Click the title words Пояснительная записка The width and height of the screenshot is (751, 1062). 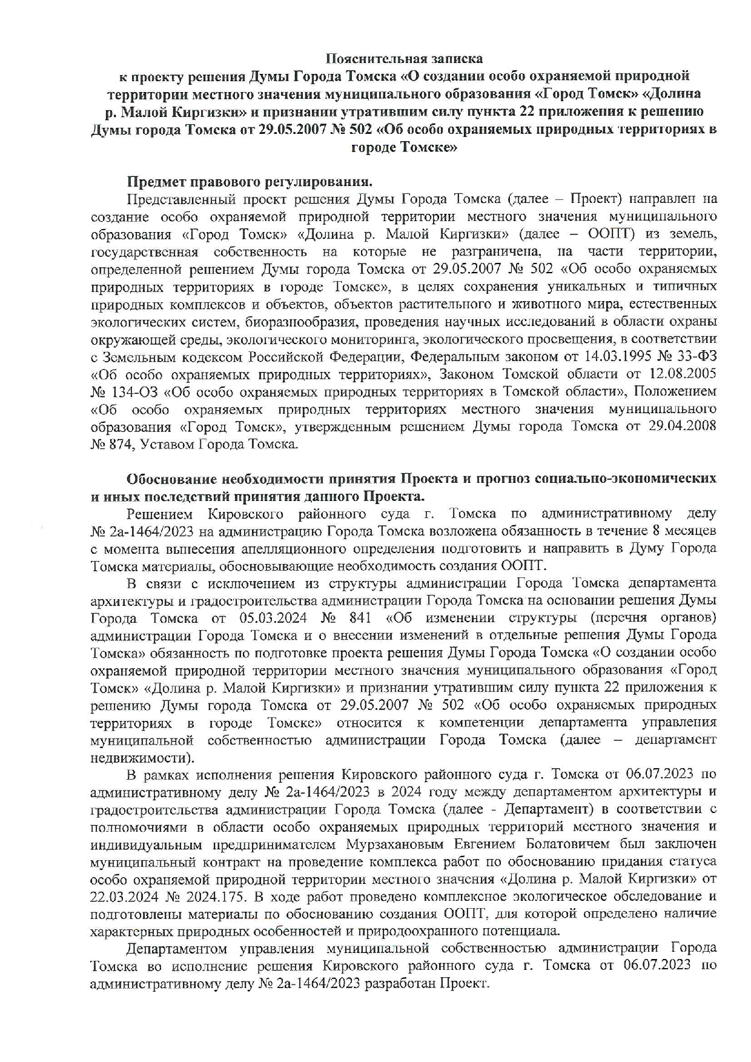(405, 59)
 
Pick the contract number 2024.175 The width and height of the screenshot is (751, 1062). (210, 897)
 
